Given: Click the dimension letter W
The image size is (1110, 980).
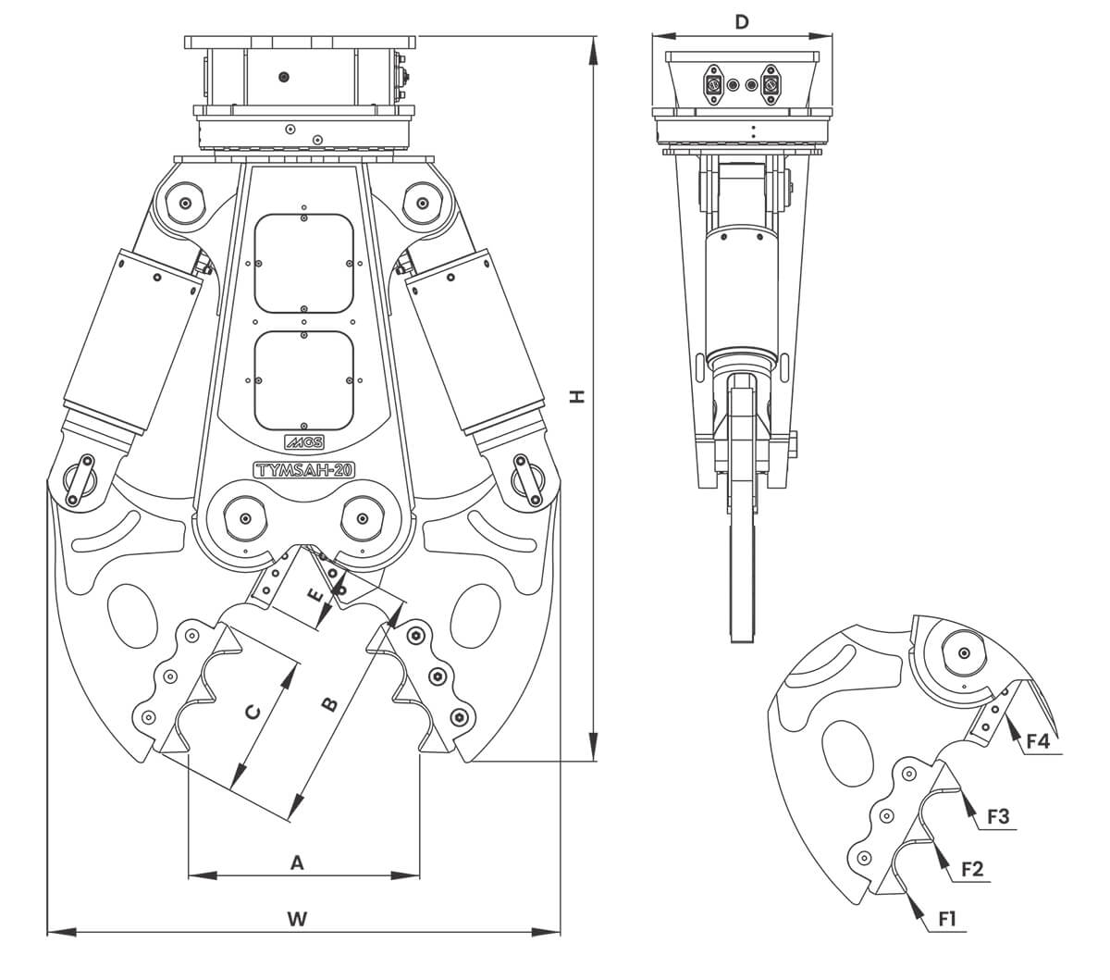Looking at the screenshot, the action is tap(297, 919).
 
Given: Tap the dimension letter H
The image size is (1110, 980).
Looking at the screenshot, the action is tap(577, 397).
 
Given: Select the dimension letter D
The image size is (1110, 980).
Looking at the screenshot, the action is tap(741, 22).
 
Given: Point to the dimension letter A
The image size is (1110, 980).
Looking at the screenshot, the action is tap(297, 862).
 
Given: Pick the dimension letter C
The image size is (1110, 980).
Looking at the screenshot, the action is tap(252, 713).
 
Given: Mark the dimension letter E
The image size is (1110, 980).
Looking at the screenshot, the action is tap(316, 595).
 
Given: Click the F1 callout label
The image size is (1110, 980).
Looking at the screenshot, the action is tap(947, 919).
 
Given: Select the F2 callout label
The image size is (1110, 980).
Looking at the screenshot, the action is tap(972, 869).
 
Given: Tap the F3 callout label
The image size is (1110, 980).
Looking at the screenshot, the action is tap(998, 817).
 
